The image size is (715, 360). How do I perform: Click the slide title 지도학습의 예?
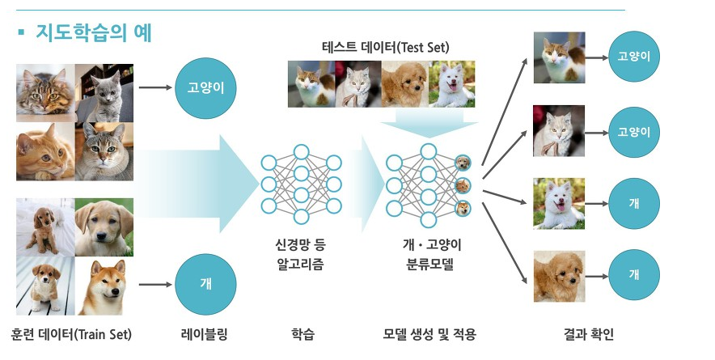tap(94, 33)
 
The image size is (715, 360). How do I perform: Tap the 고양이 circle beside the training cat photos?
tap(205, 87)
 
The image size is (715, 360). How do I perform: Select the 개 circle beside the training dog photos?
tap(205, 284)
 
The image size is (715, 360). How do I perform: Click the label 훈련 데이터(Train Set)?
tap(71, 334)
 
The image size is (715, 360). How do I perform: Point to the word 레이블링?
tap(205, 334)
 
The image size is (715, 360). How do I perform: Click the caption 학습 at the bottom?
tap(301, 334)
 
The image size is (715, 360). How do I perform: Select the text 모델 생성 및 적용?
tap(429, 334)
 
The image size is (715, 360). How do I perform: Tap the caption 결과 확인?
tap(594, 334)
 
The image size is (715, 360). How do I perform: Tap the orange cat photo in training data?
tap(44, 152)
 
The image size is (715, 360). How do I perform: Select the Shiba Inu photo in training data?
tap(104, 286)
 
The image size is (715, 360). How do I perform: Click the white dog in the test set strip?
tap(451, 84)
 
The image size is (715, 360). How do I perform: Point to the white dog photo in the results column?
tap(559, 203)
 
